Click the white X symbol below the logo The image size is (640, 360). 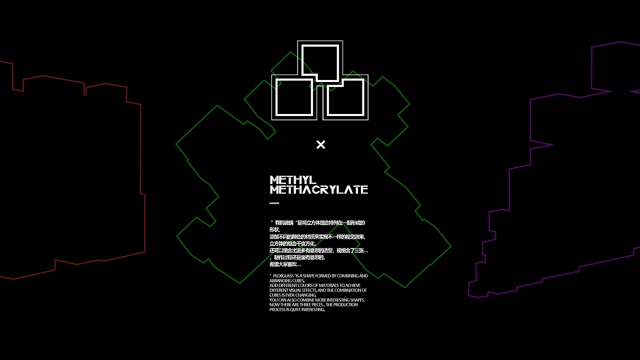coord(320,144)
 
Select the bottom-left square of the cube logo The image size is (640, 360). coord(294,97)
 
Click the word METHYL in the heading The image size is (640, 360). coord(293,180)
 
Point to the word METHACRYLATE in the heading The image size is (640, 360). coord(318,189)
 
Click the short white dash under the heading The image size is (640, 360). coord(274,203)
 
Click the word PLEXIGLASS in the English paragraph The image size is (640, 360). coord(283,276)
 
